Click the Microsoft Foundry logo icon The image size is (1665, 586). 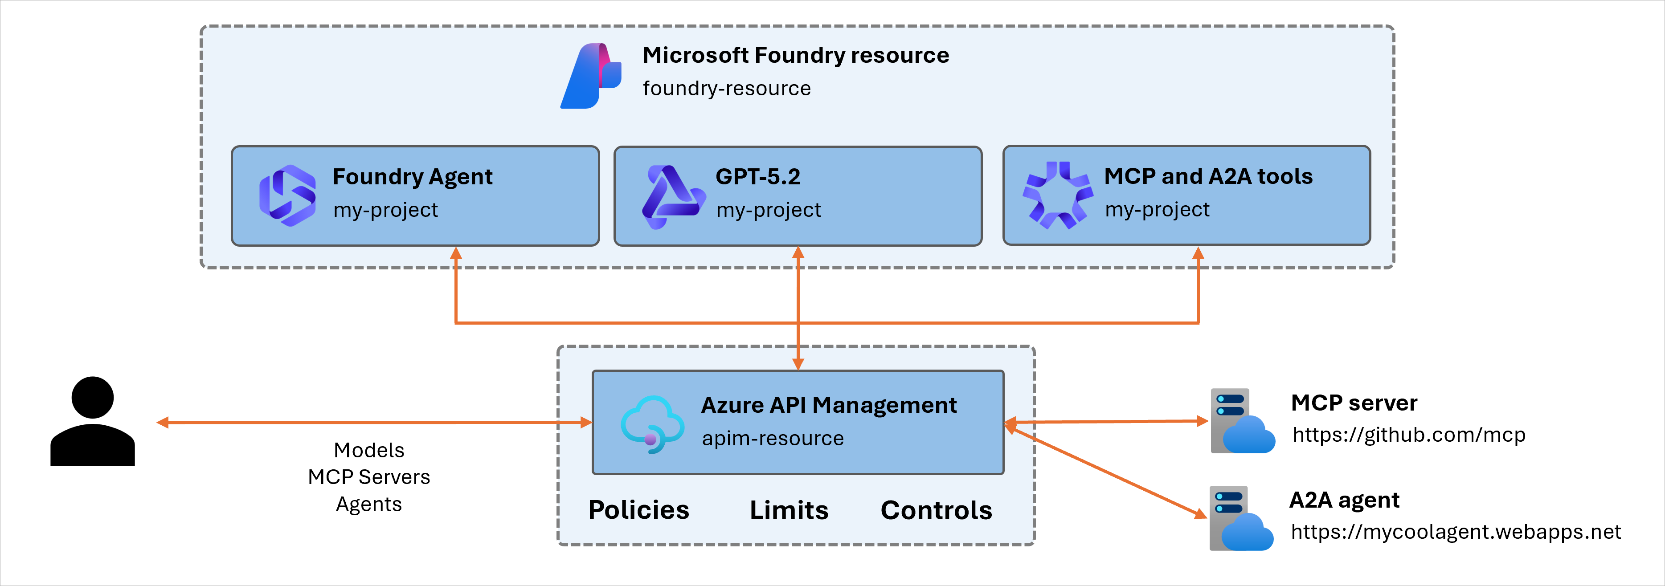(590, 76)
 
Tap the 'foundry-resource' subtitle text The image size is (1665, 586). (727, 89)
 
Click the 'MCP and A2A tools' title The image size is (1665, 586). (1208, 176)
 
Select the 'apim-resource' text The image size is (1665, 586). (773, 439)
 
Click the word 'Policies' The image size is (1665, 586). (638, 510)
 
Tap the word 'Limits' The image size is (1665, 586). (789, 510)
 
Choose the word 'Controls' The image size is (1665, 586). (936, 510)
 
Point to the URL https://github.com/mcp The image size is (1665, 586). (1408, 435)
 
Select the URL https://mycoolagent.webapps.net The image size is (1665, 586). (1456, 532)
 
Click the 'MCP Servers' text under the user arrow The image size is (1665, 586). (368, 477)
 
